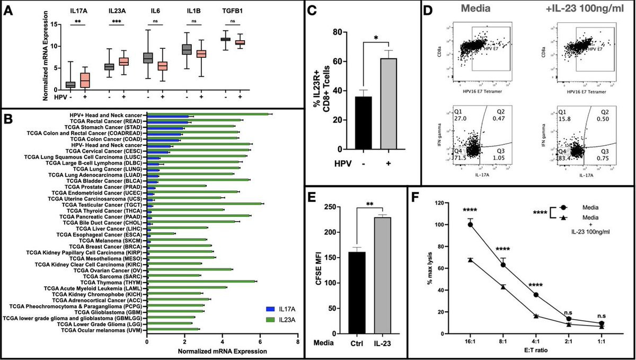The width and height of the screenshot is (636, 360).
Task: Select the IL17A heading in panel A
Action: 78,10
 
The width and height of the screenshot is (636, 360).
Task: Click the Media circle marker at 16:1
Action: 470,224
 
